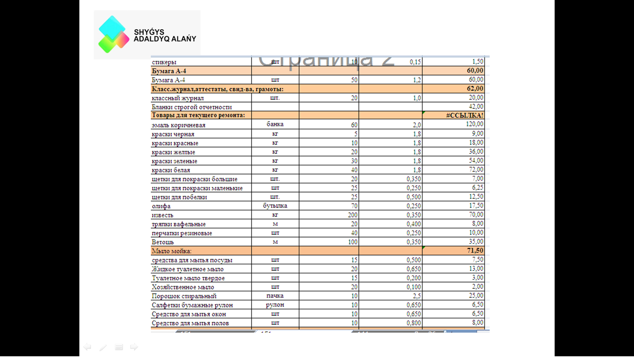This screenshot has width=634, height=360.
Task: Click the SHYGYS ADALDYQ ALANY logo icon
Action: click(113, 34)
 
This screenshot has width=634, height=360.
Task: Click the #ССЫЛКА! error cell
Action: click(464, 116)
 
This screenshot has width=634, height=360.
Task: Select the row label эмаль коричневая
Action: click(178, 125)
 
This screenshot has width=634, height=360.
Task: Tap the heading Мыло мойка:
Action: click(168, 251)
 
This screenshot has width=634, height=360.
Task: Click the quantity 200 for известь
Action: click(353, 215)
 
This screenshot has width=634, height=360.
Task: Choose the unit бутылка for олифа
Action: click(275, 206)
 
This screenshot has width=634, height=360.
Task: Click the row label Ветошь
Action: click(163, 242)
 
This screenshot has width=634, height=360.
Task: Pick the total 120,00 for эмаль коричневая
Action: click(474, 124)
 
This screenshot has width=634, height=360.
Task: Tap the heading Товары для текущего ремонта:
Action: click(198, 116)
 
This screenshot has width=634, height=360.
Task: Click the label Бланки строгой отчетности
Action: click(192, 107)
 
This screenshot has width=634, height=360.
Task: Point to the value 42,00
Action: click(476, 107)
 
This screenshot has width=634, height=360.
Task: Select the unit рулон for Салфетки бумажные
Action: click(275, 305)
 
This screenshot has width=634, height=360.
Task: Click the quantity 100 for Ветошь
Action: click(353, 242)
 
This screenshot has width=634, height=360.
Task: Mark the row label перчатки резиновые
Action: click(182, 233)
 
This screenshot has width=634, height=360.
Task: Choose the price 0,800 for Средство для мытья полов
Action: click(413, 323)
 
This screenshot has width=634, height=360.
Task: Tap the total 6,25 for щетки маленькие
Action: click(477, 187)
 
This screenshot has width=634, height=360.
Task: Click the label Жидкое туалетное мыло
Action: click(188, 269)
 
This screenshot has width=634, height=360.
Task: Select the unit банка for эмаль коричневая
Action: click(275, 124)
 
